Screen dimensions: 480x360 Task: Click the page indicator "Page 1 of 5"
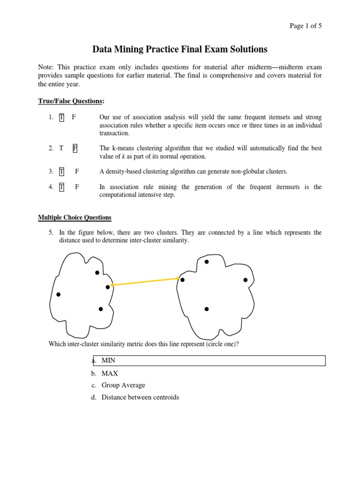pyautogui.click(x=306, y=26)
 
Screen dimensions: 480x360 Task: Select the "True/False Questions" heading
pyautogui.click(x=70, y=101)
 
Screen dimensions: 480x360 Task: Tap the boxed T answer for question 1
pyautogui.click(x=61, y=117)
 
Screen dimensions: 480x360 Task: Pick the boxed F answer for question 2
pyautogui.click(x=75, y=148)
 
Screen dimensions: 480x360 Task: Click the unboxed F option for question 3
pyautogui.click(x=77, y=172)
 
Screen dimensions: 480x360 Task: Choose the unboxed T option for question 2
pyautogui.click(x=61, y=148)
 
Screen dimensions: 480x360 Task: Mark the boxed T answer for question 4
pyautogui.click(x=61, y=187)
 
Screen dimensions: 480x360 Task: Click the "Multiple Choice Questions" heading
pyautogui.click(x=75, y=217)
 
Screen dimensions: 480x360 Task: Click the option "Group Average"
pyautogui.click(x=123, y=385)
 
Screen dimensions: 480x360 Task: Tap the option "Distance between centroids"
pyautogui.click(x=140, y=397)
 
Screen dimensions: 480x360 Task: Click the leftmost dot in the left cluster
pyautogui.click(x=58, y=294)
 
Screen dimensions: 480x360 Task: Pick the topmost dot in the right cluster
pyautogui.click(x=206, y=262)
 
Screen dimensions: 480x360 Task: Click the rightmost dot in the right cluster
pyautogui.click(x=245, y=280)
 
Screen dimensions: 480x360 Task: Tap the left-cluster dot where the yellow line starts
pyautogui.click(x=108, y=286)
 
